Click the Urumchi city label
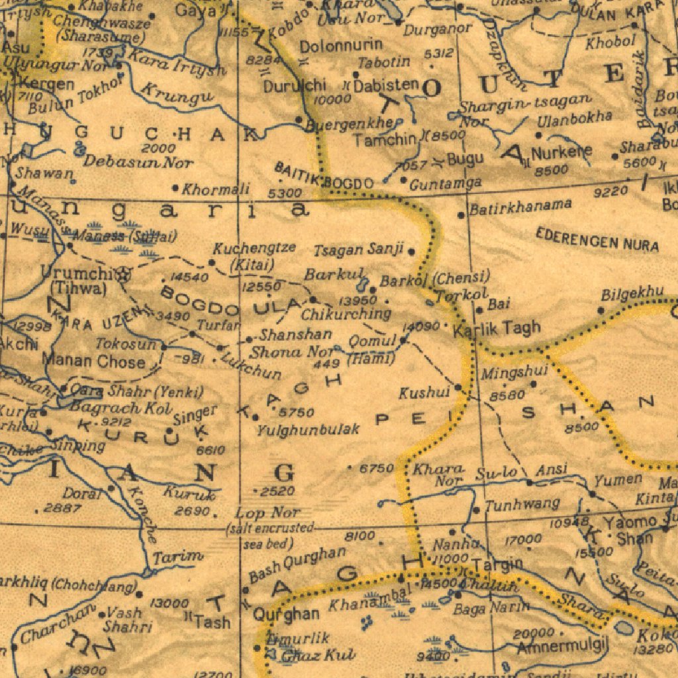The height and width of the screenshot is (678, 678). pos(72,273)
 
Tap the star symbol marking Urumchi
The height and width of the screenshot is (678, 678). pos(122,273)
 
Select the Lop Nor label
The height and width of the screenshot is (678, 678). pos(267,513)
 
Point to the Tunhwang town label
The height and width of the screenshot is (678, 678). pos(522,505)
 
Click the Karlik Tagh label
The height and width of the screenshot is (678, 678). pos(497,328)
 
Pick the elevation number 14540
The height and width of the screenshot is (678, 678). pos(189,277)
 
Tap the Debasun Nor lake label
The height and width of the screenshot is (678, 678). pos(138,162)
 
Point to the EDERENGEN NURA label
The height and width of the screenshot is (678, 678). pos(597,240)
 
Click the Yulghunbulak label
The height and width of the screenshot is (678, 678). pos(309,430)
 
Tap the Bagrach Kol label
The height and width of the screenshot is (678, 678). pos(121,409)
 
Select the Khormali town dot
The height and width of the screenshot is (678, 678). pos(175,188)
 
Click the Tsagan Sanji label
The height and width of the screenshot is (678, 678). pos(358,250)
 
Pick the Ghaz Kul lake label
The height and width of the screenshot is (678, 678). pos(318,655)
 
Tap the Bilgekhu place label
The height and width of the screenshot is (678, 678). pos(632,293)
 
